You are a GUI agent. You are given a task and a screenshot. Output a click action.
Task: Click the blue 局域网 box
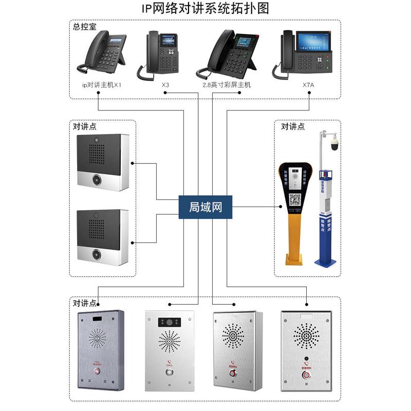point(205,207)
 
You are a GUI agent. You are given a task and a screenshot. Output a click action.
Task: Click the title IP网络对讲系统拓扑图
point(206,9)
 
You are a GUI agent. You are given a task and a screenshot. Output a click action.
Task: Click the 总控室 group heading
point(85,27)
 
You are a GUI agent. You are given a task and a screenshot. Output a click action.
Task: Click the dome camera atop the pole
point(334,144)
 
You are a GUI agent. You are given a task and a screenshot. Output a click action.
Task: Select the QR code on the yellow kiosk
point(294,199)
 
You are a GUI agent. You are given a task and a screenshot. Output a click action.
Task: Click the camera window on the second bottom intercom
point(169,322)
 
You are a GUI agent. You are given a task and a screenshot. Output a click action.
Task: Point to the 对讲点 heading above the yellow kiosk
point(292,126)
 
